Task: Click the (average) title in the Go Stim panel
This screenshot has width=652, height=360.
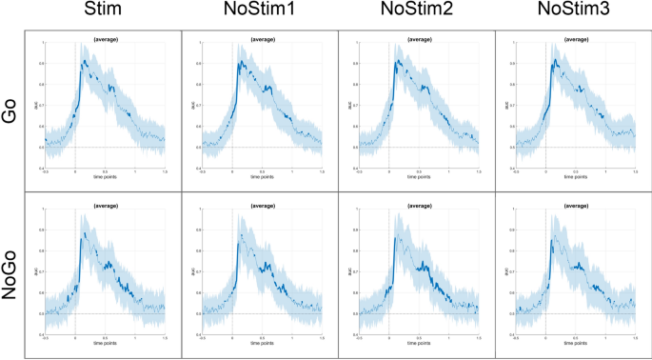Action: (104, 38)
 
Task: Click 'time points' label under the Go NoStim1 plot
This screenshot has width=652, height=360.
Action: (261, 177)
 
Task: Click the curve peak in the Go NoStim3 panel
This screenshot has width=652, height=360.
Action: (554, 59)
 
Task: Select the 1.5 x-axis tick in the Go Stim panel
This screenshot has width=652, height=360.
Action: (165, 171)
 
